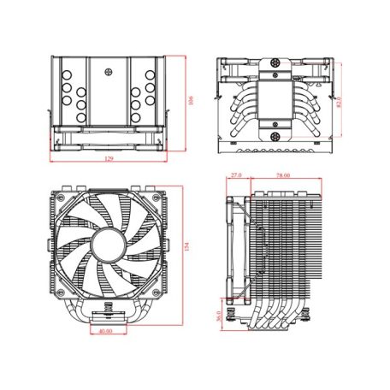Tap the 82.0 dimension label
coord(340,102)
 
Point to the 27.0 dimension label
coord(236,175)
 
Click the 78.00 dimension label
coord(282,175)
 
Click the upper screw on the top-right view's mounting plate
coord(276,66)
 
